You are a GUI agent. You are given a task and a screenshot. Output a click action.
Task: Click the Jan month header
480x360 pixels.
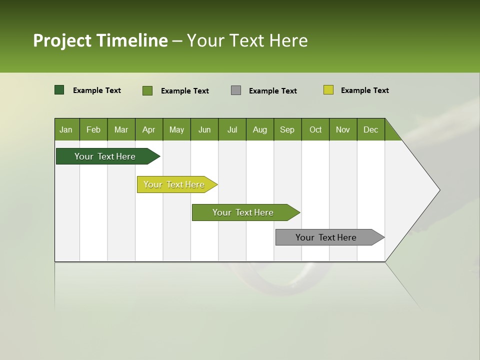click(x=66, y=129)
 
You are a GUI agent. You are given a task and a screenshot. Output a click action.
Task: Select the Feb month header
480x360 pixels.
click(x=93, y=129)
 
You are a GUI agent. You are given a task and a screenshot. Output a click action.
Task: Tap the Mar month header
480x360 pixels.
click(x=121, y=129)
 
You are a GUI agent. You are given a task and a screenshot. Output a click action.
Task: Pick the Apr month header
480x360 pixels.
click(x=148, y=129)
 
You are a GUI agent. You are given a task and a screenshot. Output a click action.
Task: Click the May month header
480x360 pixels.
click(x=176, y=129)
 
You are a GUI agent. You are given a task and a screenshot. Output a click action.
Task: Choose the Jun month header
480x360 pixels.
click(x=204, y=129)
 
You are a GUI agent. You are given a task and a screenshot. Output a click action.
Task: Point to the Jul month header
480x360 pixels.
click(x=232, y=129)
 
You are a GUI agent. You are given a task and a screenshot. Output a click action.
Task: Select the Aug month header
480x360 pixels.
click(x=259, y=129)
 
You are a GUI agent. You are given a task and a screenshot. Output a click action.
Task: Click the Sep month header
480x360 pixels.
click(x=287, y=129)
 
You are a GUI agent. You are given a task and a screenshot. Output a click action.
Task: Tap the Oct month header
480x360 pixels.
click(x=315, y=129)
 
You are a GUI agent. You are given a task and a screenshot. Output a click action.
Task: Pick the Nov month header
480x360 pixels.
click(x=343, y=129)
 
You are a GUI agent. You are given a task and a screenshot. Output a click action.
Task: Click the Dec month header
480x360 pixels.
click(x=370, y=129)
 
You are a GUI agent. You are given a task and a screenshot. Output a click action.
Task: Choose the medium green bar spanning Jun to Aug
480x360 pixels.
click(x=243, y=212)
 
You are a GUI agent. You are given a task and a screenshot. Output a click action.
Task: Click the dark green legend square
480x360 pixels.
click(x=59, y=90)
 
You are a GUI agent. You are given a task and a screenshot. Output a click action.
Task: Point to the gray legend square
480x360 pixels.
click(x=236, y=90)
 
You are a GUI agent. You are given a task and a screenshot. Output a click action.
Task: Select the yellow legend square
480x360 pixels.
click(x=328, y=90)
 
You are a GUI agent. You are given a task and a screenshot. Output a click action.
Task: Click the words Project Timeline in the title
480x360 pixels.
click(x=100, y=40)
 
